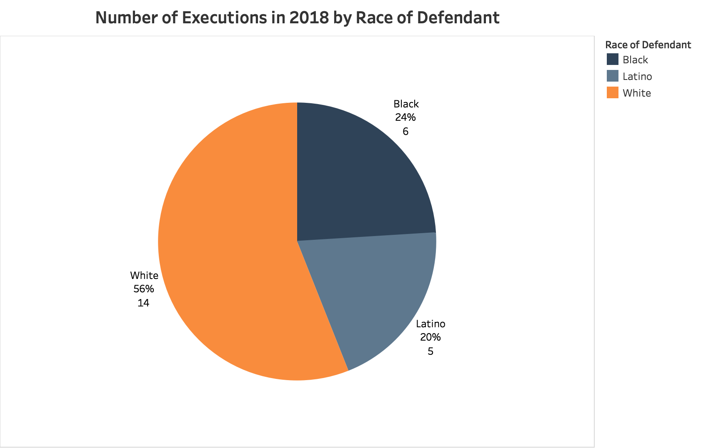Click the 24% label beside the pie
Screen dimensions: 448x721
406,117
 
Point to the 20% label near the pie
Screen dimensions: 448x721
430,337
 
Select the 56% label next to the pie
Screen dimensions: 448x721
144,289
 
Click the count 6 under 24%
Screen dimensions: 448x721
406,132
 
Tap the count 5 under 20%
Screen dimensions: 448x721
431,351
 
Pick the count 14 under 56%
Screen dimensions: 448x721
143,303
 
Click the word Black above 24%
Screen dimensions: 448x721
406,104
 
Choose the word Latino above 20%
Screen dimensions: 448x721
431,324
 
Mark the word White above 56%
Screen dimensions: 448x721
144,275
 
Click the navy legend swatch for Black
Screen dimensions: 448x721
612,60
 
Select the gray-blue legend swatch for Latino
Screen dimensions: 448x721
612,76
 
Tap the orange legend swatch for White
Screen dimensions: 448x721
612,93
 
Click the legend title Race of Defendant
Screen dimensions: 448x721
648,45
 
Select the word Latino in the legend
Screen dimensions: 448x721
637,77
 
